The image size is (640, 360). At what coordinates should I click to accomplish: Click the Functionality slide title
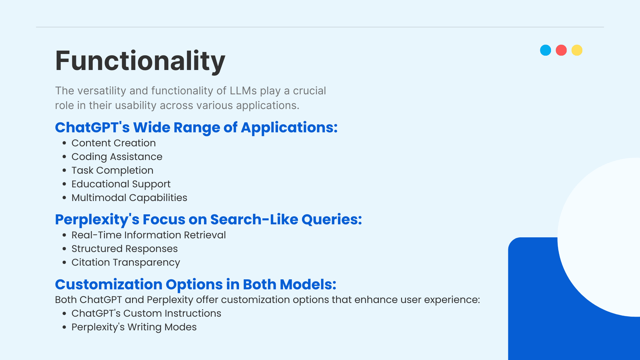click(140, 61)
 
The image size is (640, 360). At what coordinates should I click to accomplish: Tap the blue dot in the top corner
click(546, 50)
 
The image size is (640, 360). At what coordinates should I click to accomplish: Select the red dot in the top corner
click(561, 50)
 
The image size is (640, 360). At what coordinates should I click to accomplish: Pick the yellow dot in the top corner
click(577, 50)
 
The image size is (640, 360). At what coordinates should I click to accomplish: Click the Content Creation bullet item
click(114, 143)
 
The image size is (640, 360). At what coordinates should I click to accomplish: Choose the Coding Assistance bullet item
click(117, 157)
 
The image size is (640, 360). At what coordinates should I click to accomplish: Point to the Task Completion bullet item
click(113, 170)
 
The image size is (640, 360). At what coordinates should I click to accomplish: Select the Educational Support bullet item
click(121, 184)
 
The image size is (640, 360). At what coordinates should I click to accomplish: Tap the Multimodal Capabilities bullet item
click(129, 198)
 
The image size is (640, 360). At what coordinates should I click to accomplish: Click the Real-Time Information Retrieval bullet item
click(149, 235)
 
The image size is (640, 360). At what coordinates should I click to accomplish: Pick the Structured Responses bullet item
click(125, 249)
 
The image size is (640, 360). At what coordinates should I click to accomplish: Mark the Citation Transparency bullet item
click(126, 262)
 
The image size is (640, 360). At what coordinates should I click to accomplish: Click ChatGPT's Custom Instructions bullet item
click(146, 313)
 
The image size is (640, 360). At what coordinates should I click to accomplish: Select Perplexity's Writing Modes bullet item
click(134, 327)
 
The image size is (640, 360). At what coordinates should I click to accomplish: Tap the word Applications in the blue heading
click(289, 128)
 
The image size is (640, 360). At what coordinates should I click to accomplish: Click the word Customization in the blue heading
click(109, 284)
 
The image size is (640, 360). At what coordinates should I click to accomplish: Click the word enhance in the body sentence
click(376, 300)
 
